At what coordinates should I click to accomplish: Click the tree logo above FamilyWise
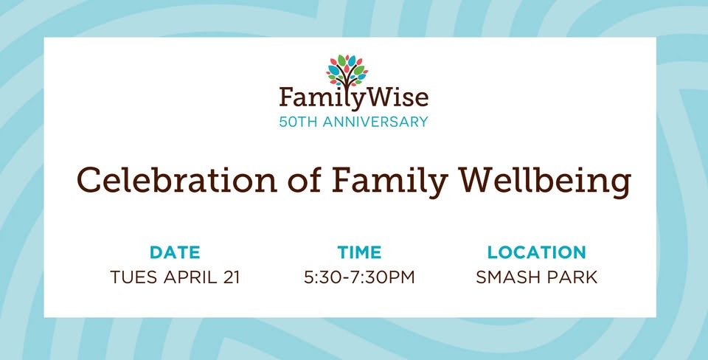coord(347,72)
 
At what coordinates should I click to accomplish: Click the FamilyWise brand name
coord(353,98)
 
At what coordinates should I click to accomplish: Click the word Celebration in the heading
coord(176,179)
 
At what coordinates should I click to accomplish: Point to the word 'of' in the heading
coord(305,179)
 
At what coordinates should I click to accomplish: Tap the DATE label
coord(175,252)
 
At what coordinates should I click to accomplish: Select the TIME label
coord(359,252)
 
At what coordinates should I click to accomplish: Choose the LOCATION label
coord(536,252)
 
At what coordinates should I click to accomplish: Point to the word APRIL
coord(188,277)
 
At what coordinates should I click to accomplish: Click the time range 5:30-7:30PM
coord(359,277)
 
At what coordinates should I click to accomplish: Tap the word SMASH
coord(504,277)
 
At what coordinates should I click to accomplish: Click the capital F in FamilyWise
coord(286,98)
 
